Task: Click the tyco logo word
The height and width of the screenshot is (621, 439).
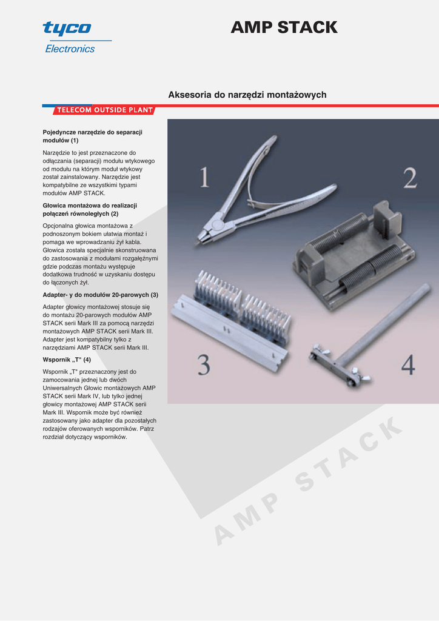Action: click(67, 29)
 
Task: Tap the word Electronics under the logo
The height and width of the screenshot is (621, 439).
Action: click(70, 49)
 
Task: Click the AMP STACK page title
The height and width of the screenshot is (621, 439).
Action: click(284, 27)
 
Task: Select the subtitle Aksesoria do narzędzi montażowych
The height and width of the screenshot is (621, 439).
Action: click(247, 95)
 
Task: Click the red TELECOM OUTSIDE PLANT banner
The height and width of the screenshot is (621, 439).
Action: click(104, 110)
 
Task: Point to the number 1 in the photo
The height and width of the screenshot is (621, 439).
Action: click(204, 177)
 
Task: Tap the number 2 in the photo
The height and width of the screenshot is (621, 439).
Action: click(410, 178)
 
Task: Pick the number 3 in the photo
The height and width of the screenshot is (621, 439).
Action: click(204, 364)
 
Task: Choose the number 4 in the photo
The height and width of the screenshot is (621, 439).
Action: click(408, 364)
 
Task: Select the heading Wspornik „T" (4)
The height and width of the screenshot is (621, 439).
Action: click(67, 360)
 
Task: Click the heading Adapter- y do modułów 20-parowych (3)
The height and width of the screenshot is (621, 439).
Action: click(101, 295)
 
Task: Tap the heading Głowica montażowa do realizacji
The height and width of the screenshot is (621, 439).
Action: click(90, 206)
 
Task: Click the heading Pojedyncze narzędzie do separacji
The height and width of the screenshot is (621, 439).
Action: click(93, 132)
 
